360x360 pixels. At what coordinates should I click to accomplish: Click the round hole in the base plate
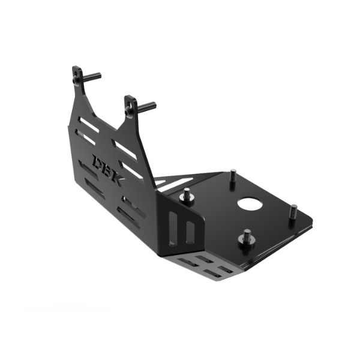250,203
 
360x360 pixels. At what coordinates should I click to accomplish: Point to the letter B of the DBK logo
109,169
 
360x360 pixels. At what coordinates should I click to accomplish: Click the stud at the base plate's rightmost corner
293,212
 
